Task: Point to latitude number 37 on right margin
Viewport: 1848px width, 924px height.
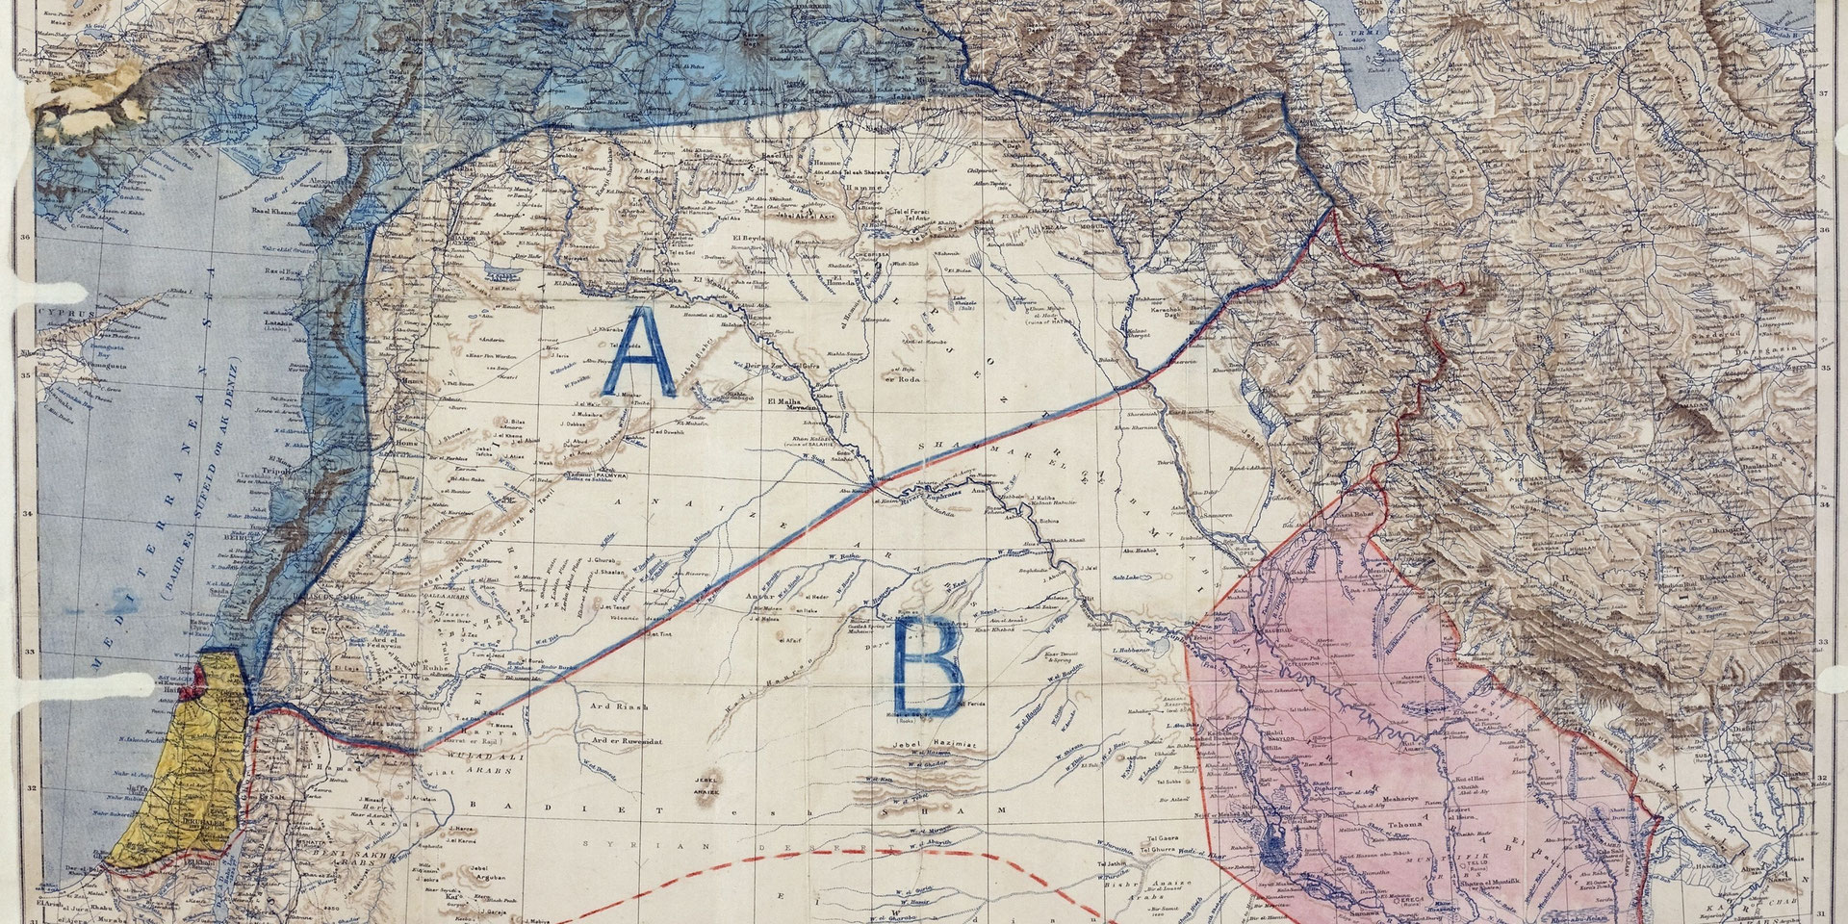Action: pos(1823,94)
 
